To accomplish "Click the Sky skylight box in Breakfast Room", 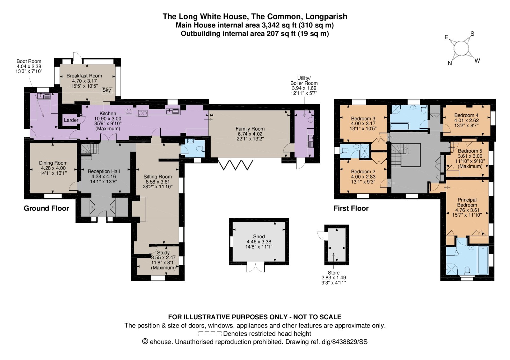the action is tap(106, 90).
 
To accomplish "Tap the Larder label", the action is tap(71, 120).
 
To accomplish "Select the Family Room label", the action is tap(250, 129).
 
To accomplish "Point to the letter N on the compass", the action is tap(450, 63).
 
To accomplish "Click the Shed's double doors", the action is tap(256, 268).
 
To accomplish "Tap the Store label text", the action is tap(333, 273).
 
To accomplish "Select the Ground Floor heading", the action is tap(46, 208).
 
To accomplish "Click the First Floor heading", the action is tap(351, 208).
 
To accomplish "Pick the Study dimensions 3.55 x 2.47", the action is tap(163, 258).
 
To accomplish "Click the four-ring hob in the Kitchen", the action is tap(129, 112).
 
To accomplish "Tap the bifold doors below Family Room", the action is tap(236, 165).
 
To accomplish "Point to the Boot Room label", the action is tap(29, 61).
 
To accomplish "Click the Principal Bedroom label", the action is tap(467, 202).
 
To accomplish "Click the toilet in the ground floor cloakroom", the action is tap(200, 149).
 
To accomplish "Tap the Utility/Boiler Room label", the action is tap(304, 81).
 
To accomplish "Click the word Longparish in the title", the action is tap(326, 16).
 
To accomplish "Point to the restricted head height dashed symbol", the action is tap(210, 334).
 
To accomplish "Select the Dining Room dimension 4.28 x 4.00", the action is tap(53, 168).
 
